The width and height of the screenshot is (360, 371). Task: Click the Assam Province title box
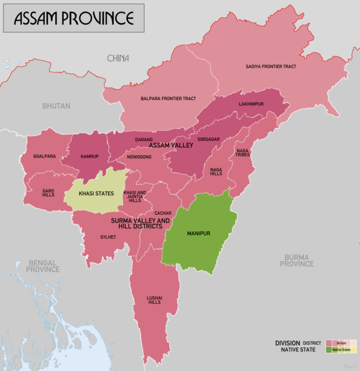coord(74,18)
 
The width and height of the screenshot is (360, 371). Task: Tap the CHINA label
coord(118,58)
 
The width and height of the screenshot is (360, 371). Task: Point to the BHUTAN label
coord(56,106)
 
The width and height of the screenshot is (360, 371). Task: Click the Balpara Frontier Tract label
coord(168,98)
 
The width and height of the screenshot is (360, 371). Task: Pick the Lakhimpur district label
coord(251,104)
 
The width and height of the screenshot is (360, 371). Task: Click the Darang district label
coord(144,140)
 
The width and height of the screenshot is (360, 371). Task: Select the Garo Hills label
coord(48,193)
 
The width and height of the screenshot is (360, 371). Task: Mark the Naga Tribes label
coord(243,153)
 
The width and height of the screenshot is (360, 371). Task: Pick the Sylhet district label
coord(108,237)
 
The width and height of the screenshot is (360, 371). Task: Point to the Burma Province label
coord(297,260)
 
